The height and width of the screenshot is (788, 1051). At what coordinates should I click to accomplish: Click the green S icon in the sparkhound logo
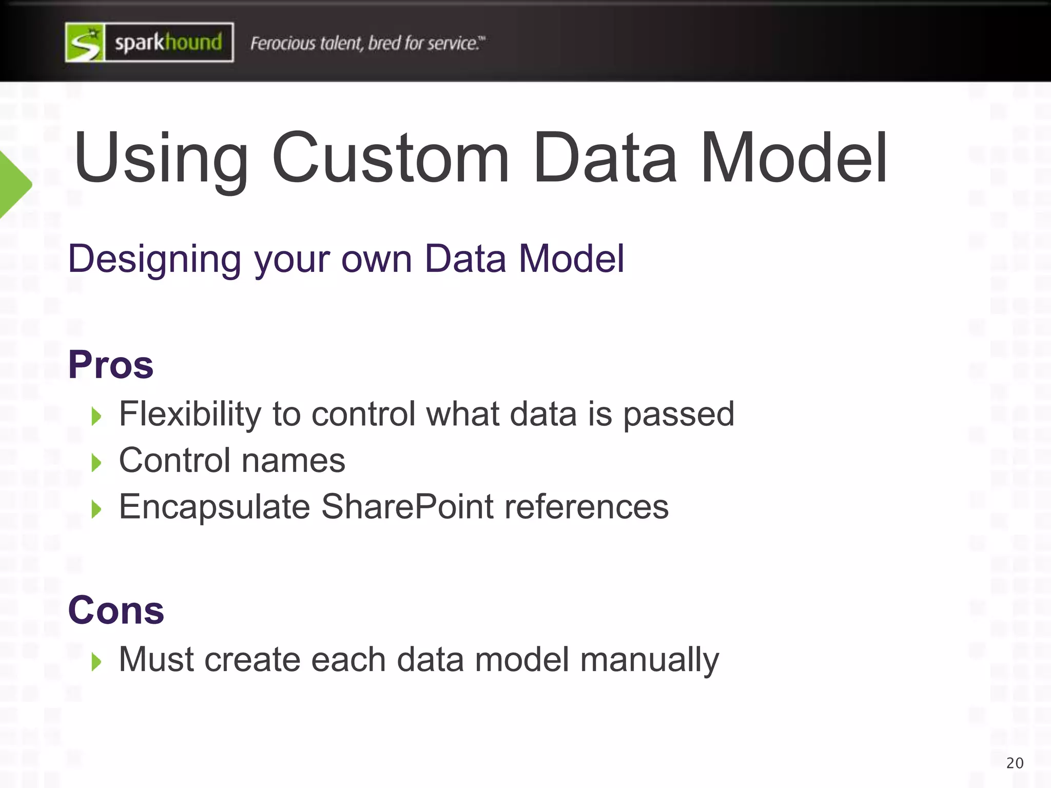(85, 43)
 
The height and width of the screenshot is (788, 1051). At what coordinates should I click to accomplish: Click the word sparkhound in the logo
(168, 42)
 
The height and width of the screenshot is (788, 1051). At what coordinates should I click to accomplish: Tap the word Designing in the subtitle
(154, 259)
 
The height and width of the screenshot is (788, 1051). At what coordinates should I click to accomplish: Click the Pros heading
(111, 365)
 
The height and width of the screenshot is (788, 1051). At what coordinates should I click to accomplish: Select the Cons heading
(116, 610)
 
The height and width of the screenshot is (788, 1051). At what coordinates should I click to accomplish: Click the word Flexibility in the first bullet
(190, 414)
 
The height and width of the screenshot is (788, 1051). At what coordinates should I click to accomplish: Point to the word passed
(678, 415)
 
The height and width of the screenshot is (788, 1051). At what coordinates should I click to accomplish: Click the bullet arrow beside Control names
(96, 463)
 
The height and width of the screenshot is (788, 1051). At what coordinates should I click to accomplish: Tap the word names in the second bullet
(294, 461)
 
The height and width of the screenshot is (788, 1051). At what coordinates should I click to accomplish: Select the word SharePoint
(407, 507)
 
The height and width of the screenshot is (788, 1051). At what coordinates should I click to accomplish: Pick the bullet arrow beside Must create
(96, 662)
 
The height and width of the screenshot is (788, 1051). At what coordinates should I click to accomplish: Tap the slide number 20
(1015, 763)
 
